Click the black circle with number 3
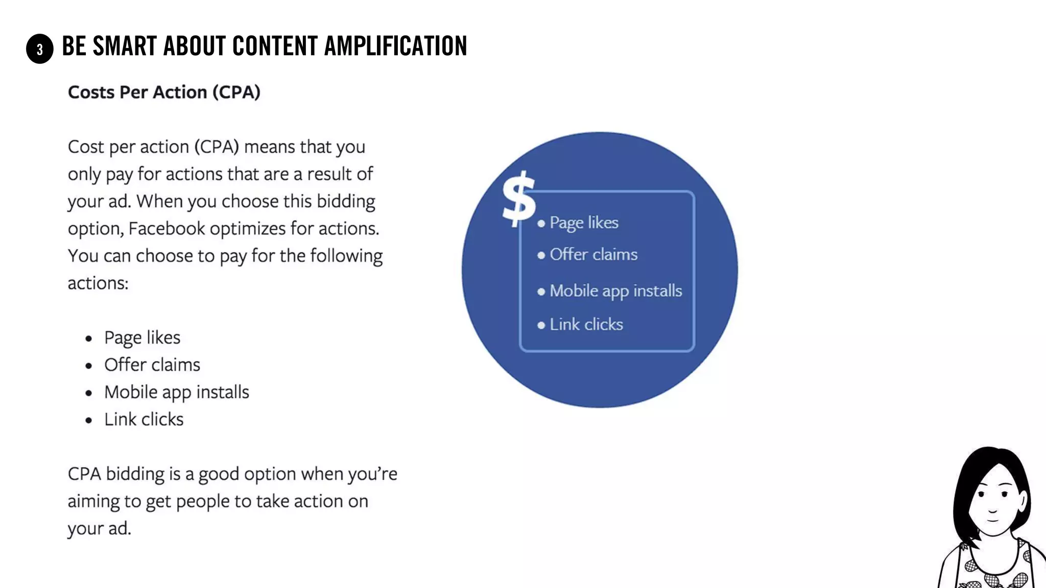click(40, 49)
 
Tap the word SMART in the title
click(125, 46)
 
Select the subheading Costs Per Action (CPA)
click(164, 92)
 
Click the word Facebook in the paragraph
click(167, 229)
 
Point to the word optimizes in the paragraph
click(248, 229)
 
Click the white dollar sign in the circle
click(518, 199)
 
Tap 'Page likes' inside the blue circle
click(584, 223)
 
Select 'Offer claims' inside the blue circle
click(593, 254)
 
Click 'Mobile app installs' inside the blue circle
click(615, 291)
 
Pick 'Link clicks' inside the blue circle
click(586, 325)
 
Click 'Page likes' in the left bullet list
click(142, 338)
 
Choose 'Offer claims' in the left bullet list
click(152, 365)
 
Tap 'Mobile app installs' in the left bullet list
click(177, 392)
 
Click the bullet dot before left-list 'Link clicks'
click(89, 420)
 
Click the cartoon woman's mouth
click(992, 520)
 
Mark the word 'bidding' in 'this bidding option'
click(346, 202)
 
